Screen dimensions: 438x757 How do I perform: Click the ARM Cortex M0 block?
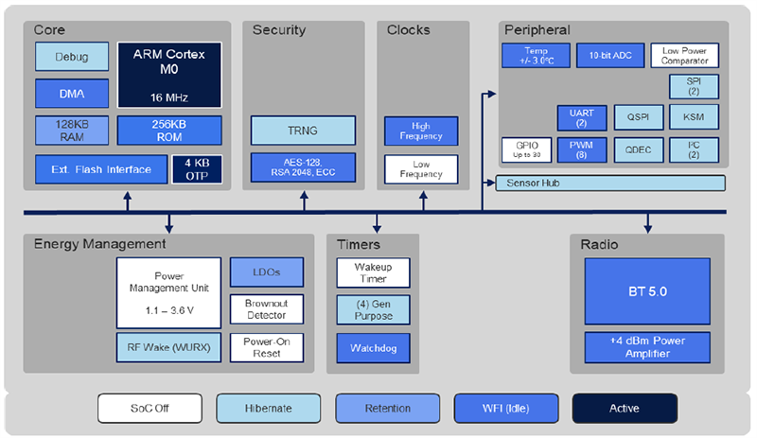(169, 74)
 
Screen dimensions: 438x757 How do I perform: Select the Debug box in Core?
(71, 57)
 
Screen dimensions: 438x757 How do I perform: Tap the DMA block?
(71, 93)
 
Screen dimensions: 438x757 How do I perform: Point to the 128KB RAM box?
(71, 130)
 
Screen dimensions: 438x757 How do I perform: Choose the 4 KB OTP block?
(196, 169)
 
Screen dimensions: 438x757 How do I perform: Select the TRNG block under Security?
(303, 131)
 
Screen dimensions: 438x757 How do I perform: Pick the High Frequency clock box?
(421, 131)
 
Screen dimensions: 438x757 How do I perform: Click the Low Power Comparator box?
(684, 56)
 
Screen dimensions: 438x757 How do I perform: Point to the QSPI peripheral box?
(631, 117)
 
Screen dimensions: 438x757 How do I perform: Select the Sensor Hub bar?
(610, 183)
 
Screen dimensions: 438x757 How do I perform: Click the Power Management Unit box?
(167, 292)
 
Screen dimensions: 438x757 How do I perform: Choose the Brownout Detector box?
(267, 308)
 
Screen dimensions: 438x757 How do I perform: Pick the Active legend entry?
(624, 408)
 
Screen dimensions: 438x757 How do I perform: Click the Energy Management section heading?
(99, 244)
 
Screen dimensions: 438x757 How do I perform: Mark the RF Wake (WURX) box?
(167, 346)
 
